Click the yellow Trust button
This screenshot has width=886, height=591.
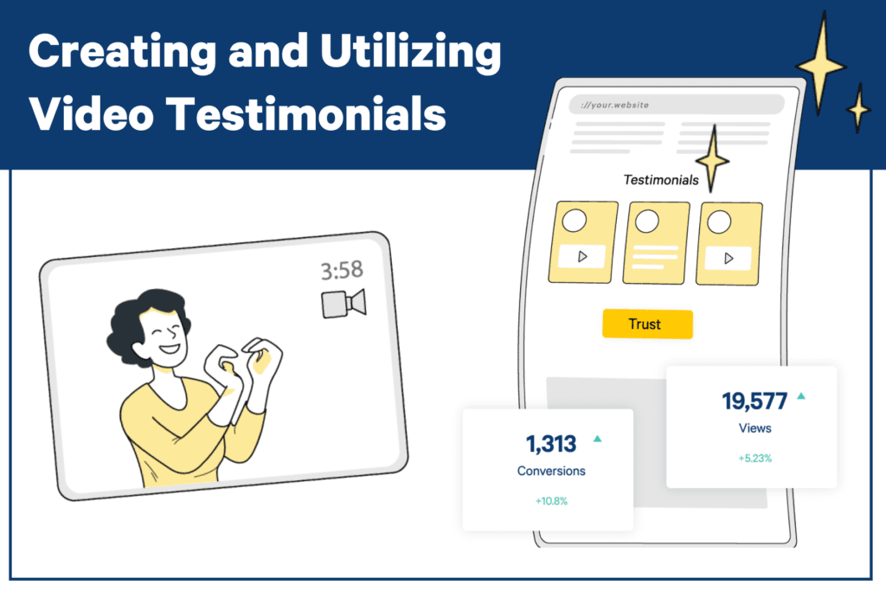pyautogui.click(x=647, y=324)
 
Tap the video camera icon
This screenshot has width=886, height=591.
pyautogui.click(x=343, y=304)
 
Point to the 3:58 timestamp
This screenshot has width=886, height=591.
pyautogui.click(x=342, y=271)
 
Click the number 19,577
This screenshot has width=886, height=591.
pyautogui.click(x=754, y=401)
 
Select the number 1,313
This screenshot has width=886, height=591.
pyautogui.click(x=551, y=444)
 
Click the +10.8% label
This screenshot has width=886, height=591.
pyautogui.click(x=551, y=501)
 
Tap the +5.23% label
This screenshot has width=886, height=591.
pyautogui.click(x=754, y=459)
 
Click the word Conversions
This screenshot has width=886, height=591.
pyautogui.click(x=551, y=471)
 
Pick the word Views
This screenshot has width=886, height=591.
pyautogui.click(x=754, y=428)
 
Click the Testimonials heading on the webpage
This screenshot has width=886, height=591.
pyautogui.click(x=660, y=180)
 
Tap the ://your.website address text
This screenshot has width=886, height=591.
pyautogui.click(x=615, y=105)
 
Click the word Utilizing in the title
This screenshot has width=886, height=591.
pyautogui.click(x=410, y=52)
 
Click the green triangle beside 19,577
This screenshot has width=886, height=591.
pyautogui.click(x=801, y=396)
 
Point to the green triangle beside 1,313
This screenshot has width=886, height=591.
pyautogui.click(x=597, y=439)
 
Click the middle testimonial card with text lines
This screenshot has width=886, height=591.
pyautogui.click(x=656, y=242)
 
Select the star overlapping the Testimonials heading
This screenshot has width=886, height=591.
pyautogui.click(x=713, y=160)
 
